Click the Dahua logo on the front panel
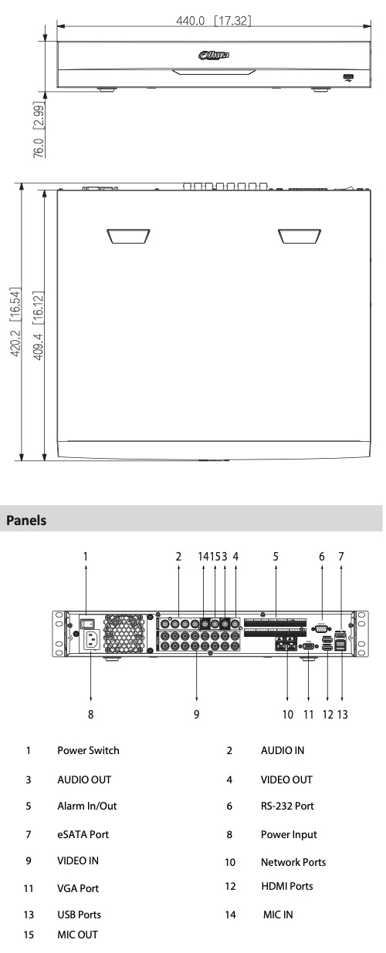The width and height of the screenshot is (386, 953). coord(213,55)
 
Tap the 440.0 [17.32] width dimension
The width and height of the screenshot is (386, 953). coord(213,20)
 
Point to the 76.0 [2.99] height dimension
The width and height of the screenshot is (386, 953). coord(39,130)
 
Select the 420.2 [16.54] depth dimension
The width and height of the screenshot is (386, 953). coord(15,322)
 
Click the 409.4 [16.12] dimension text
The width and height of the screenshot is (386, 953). coord(38,325)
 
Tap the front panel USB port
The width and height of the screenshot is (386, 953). coord(348,77)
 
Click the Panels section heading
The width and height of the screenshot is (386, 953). coord(26,520)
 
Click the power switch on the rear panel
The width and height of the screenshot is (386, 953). coord(88,623)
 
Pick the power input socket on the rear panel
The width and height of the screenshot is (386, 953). coord(93,639)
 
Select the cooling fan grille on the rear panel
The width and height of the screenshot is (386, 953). coord(124,633)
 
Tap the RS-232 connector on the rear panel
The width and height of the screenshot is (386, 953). coord(321,628)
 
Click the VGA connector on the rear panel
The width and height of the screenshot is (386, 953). coord(308,646)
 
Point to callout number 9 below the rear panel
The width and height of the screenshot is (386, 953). coord(196,714)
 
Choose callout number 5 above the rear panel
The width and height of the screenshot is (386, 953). coord(276,556)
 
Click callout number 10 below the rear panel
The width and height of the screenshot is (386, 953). coord(288,714)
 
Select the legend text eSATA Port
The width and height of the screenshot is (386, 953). coord(83,834)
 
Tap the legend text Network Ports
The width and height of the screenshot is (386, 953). coord(293,861)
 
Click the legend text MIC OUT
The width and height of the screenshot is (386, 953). coord(77,934)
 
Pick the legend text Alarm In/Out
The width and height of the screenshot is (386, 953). coord(87,806)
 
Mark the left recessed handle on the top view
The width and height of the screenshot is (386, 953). coord(128,236)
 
